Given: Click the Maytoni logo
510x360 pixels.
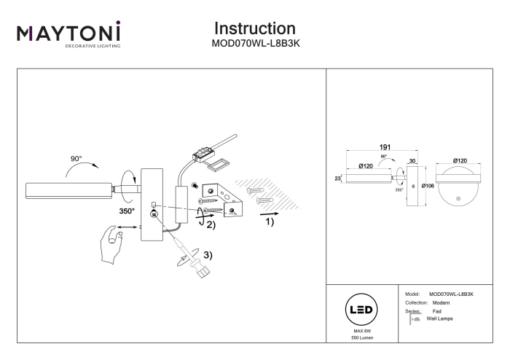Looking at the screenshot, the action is pos(68,34).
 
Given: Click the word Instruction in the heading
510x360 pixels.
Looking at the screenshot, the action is pos(255,28).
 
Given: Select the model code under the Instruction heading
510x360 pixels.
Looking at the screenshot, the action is pos(256,44).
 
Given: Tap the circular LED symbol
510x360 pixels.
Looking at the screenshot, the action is pos(361,310).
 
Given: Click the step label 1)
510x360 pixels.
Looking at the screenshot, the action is pos(270,222).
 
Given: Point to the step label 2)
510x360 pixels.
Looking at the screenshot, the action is pos(211,224).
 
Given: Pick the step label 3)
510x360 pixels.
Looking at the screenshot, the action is pos(208,255).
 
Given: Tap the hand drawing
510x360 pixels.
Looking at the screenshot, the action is pos(111,245).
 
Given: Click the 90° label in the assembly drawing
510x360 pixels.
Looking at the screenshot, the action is pos(76,159).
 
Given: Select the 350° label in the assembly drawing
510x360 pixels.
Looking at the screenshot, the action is pos(127,211).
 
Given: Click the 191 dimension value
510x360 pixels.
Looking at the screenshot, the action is pos(385,147).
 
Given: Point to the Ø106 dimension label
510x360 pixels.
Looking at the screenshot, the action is pos(428,186).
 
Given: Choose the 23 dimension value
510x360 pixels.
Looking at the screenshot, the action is pos(337,179).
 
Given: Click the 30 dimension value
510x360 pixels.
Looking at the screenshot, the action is pos(412,161).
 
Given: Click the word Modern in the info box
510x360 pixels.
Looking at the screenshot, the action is pos(441,302).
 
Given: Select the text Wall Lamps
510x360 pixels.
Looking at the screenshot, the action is pos(439,318).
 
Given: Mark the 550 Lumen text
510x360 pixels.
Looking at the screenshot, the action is pos(362,338).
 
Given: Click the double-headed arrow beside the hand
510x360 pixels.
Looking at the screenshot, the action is pos(127,227).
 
